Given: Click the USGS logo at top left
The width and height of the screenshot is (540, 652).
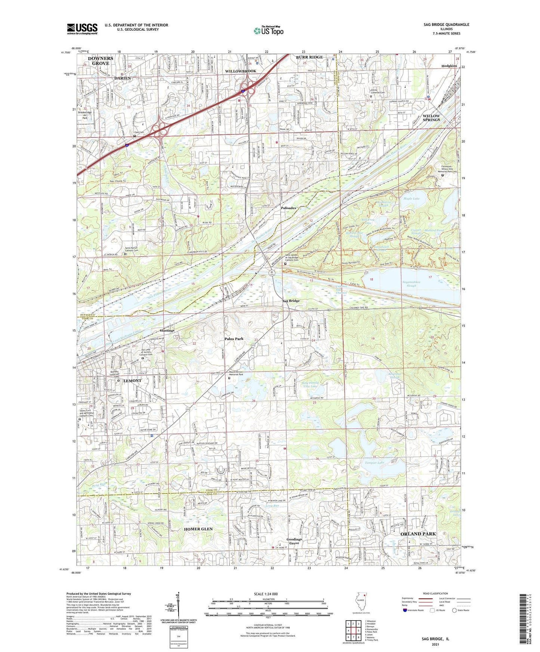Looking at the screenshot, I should coord(82,29).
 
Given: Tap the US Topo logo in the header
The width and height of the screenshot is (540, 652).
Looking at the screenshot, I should coord(269,31).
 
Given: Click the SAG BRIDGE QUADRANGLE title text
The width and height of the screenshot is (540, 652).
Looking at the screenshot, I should coord(446,25).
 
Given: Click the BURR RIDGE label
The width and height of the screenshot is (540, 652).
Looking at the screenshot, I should coord(309,57).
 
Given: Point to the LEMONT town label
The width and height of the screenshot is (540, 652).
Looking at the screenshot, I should coord(132,381).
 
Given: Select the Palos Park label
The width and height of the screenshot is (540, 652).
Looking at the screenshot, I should coord(234,339).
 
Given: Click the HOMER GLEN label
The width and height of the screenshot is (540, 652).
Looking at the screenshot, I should coord(198,529).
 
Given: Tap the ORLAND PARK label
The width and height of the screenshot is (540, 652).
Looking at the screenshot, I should coord(418,534).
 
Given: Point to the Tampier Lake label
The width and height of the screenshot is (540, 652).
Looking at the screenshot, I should coord(374,463).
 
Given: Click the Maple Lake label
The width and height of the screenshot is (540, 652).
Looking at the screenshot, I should coord(411,199).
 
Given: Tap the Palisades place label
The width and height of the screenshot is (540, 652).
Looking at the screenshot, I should coord(288,208).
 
